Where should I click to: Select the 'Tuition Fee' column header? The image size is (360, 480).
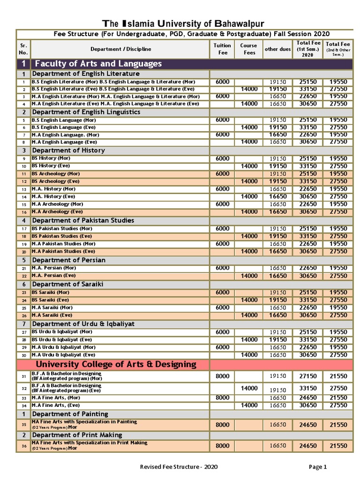coord(222,49)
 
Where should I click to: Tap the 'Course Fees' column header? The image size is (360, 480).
coord(249,49)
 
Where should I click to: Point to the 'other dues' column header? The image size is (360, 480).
coord(277,49)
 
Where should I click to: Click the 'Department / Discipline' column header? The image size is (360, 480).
coord(120,49)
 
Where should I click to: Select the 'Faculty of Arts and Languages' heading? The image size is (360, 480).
coord(98,64)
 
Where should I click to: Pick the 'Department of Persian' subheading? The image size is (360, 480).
coord(68,260)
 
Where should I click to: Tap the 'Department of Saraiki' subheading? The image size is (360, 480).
coord(67,284)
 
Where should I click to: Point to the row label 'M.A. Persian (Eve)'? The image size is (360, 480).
coord(53,276)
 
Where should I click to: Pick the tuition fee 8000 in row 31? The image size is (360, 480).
coord(222,376)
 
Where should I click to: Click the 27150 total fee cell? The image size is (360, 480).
coord(308,376)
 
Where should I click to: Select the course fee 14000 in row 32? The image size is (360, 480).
coord(249,388)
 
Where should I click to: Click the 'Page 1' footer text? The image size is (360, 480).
coord(317,466)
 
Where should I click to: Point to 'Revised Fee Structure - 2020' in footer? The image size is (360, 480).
coord(179,466)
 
